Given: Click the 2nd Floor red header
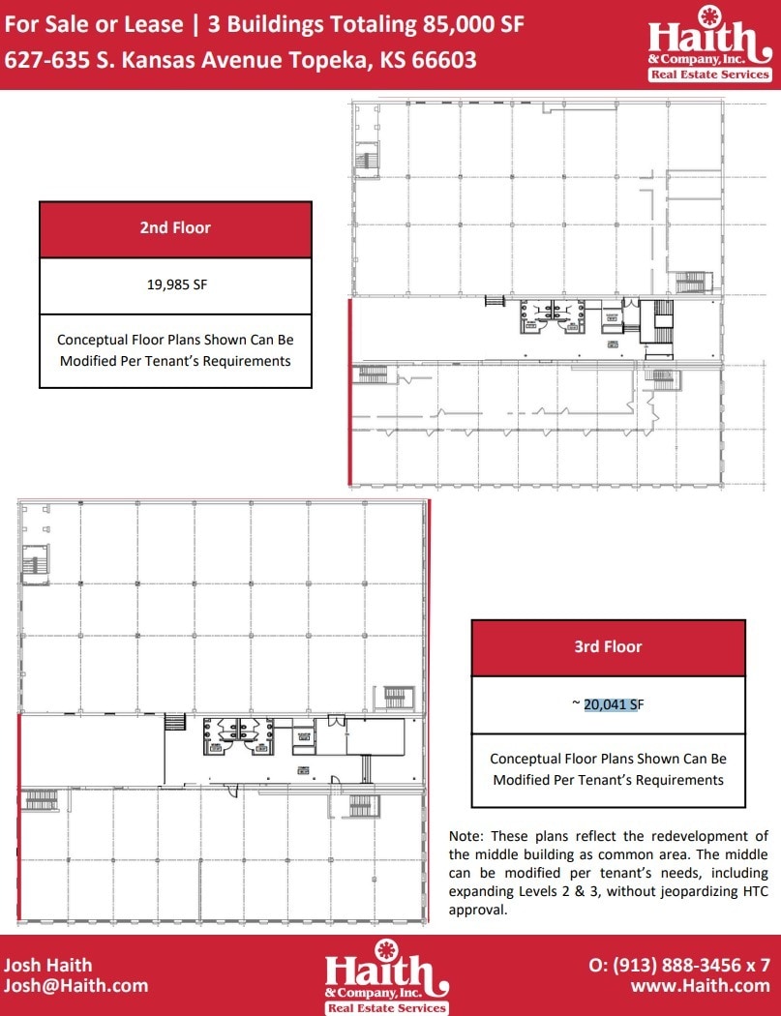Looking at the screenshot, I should pyautogui.click(x=175, y=228).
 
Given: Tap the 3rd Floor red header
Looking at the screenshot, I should pyautogui.click(x=608, y=646).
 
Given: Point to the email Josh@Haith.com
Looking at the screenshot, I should pyautogui.click(x=76, y=986).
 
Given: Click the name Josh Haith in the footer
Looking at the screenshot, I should pyautogui.click(x=48, y=964).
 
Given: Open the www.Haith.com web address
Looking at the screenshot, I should pyautogui.click(x=700, y=986).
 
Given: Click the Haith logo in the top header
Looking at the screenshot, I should pyautogui.click(x=709, y=45).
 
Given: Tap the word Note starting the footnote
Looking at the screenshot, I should pyautogui.click(x=466, y=836).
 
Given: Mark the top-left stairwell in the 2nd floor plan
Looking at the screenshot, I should pyautogui.click(x=366, y=160).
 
